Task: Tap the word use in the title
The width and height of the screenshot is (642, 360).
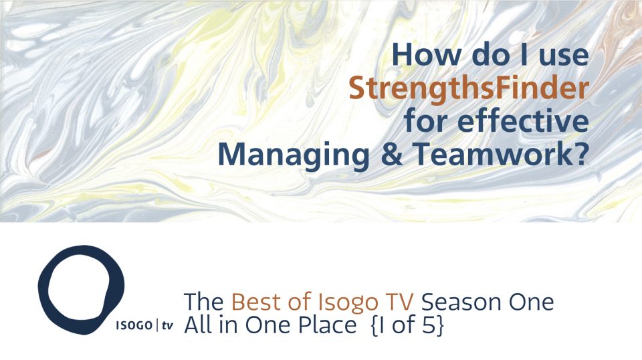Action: tap(560, 54)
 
